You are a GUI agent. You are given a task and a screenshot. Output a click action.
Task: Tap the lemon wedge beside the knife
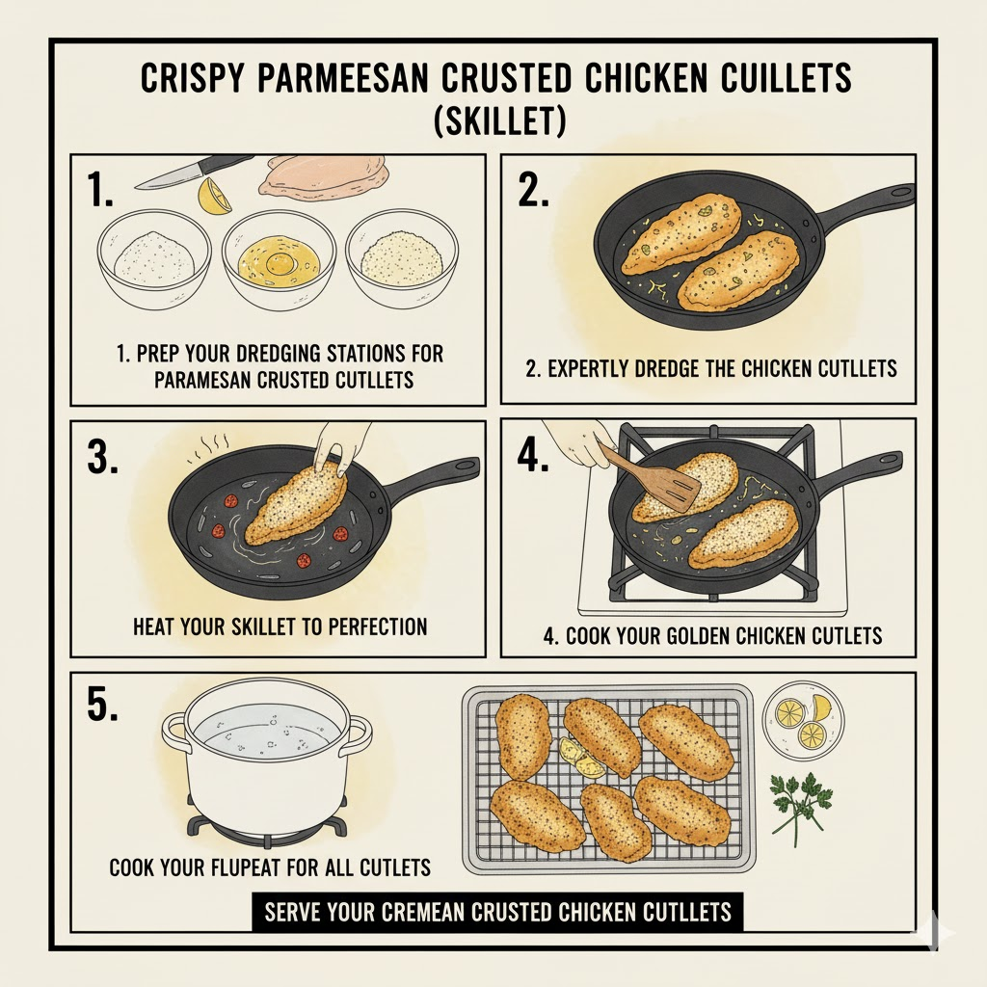[213, 196]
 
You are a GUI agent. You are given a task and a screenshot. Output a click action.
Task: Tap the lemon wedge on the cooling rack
[578, 759]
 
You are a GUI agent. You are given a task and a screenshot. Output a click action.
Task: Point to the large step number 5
[102, 705]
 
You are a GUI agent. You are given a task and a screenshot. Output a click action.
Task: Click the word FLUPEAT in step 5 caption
[250, 867]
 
